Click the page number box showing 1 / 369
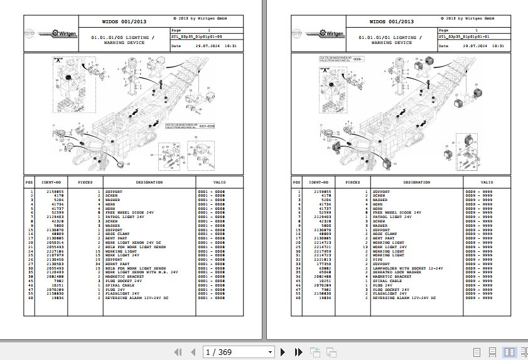click(239, 352)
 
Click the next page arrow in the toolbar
click(283, 352)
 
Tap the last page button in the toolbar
click(299, 352)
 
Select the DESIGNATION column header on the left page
click(149, 182)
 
